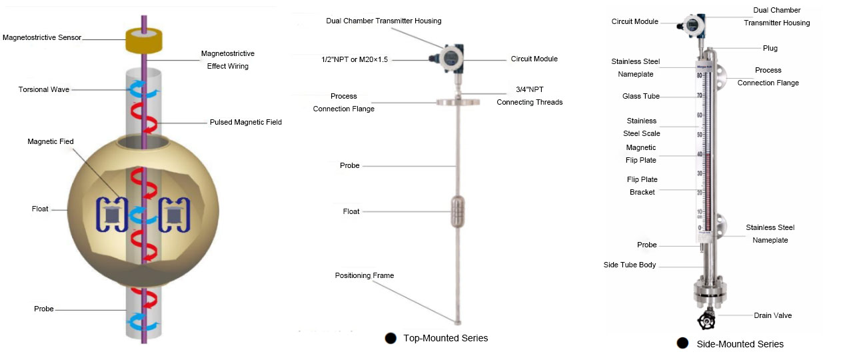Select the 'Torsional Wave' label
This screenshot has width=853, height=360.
[44, 89]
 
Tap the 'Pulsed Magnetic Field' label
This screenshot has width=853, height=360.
[245, 122]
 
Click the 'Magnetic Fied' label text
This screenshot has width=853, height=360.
[51, 142]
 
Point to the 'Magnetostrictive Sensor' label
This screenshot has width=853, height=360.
[42, 37]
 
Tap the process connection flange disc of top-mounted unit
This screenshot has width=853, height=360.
[458, 102]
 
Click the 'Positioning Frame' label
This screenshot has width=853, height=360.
[365, 275]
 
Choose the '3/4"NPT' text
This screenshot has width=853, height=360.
[530, 89]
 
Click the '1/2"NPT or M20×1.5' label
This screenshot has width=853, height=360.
[355, 59]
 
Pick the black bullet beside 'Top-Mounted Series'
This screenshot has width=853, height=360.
[391, 339]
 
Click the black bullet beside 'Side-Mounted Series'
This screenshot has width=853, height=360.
[682, 343]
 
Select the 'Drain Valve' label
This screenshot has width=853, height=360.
[772, 315]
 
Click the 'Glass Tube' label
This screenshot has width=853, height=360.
[641, 97]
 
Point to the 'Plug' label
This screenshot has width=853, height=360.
[770, 48]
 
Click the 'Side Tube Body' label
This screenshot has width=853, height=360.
[630, 265]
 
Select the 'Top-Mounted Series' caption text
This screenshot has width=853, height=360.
[445, 338]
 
